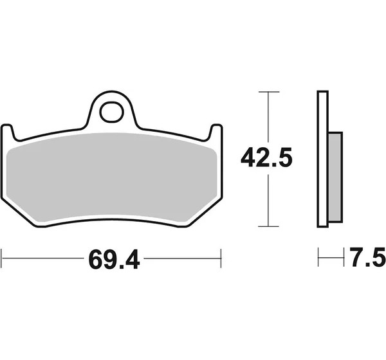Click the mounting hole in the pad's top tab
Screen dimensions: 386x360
click(x=111, y=112)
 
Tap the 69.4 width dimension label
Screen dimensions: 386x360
click(x=115, y=259)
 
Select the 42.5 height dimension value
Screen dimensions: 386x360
click(x=266, y=157)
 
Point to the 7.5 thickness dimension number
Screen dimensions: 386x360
click(x=367, y=257)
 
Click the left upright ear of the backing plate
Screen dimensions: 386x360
click(x=7, y=132)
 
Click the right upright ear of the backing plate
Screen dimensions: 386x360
click(x=216, y=132)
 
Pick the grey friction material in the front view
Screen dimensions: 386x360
click(x=111, y=177)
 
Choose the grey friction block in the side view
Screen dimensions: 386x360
click(x=335, y=177)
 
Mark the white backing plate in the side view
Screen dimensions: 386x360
click(x=322, y=159)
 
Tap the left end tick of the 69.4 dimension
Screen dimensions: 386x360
click(x=2, y=258)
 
